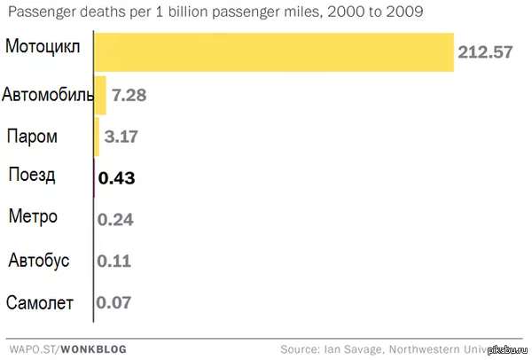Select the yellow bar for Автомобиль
(x=100, y=95)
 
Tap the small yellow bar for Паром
(x=97, y=137)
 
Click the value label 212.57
(x=485, y=52)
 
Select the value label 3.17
(x=121, y=137)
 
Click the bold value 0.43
(x=116, y=178)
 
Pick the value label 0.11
(x=114, y=262)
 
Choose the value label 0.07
(x=115, y=303)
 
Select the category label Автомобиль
(x=48, y=93)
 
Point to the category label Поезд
(x=32, y=174)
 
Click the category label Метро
(x=33, y=216)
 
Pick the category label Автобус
(x=38, y=261)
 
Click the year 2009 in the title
(x=403, y=13)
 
